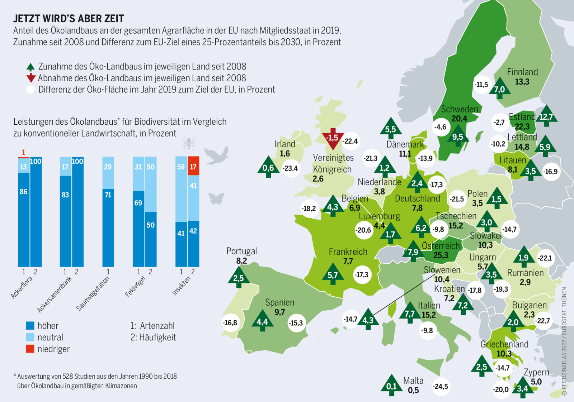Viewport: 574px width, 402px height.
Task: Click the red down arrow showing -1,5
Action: click(x=333, y=138)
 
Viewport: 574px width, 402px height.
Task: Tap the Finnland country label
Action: click(x=522, y=72)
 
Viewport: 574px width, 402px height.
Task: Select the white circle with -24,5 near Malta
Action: click(x=440, y=387)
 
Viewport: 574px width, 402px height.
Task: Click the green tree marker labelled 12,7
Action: click(x=546, y=116)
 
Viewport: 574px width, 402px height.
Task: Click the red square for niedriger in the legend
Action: click(x=30, y=349)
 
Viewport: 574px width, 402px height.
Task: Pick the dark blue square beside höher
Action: click(x=30, y=325)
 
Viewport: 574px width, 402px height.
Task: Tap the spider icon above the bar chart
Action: click(x=188, y=144)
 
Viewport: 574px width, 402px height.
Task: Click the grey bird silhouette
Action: click(x=217, y=155)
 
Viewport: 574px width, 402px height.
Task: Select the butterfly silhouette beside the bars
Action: click(x=216, y=198)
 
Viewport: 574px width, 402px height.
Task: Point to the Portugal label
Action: click(x=241, y=251)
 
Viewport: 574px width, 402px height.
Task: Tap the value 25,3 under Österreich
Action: click(x=441, y=255)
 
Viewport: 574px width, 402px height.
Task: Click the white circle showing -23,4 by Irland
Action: click(x=290, y=168)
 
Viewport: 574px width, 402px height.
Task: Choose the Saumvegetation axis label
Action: click(x=93, y=294)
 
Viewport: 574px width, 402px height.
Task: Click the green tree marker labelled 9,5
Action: click(x=457, y=137)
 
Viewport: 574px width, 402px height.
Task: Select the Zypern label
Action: click(x=536, y=372)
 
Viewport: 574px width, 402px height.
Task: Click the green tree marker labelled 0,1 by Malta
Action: click(x=391, y=386)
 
